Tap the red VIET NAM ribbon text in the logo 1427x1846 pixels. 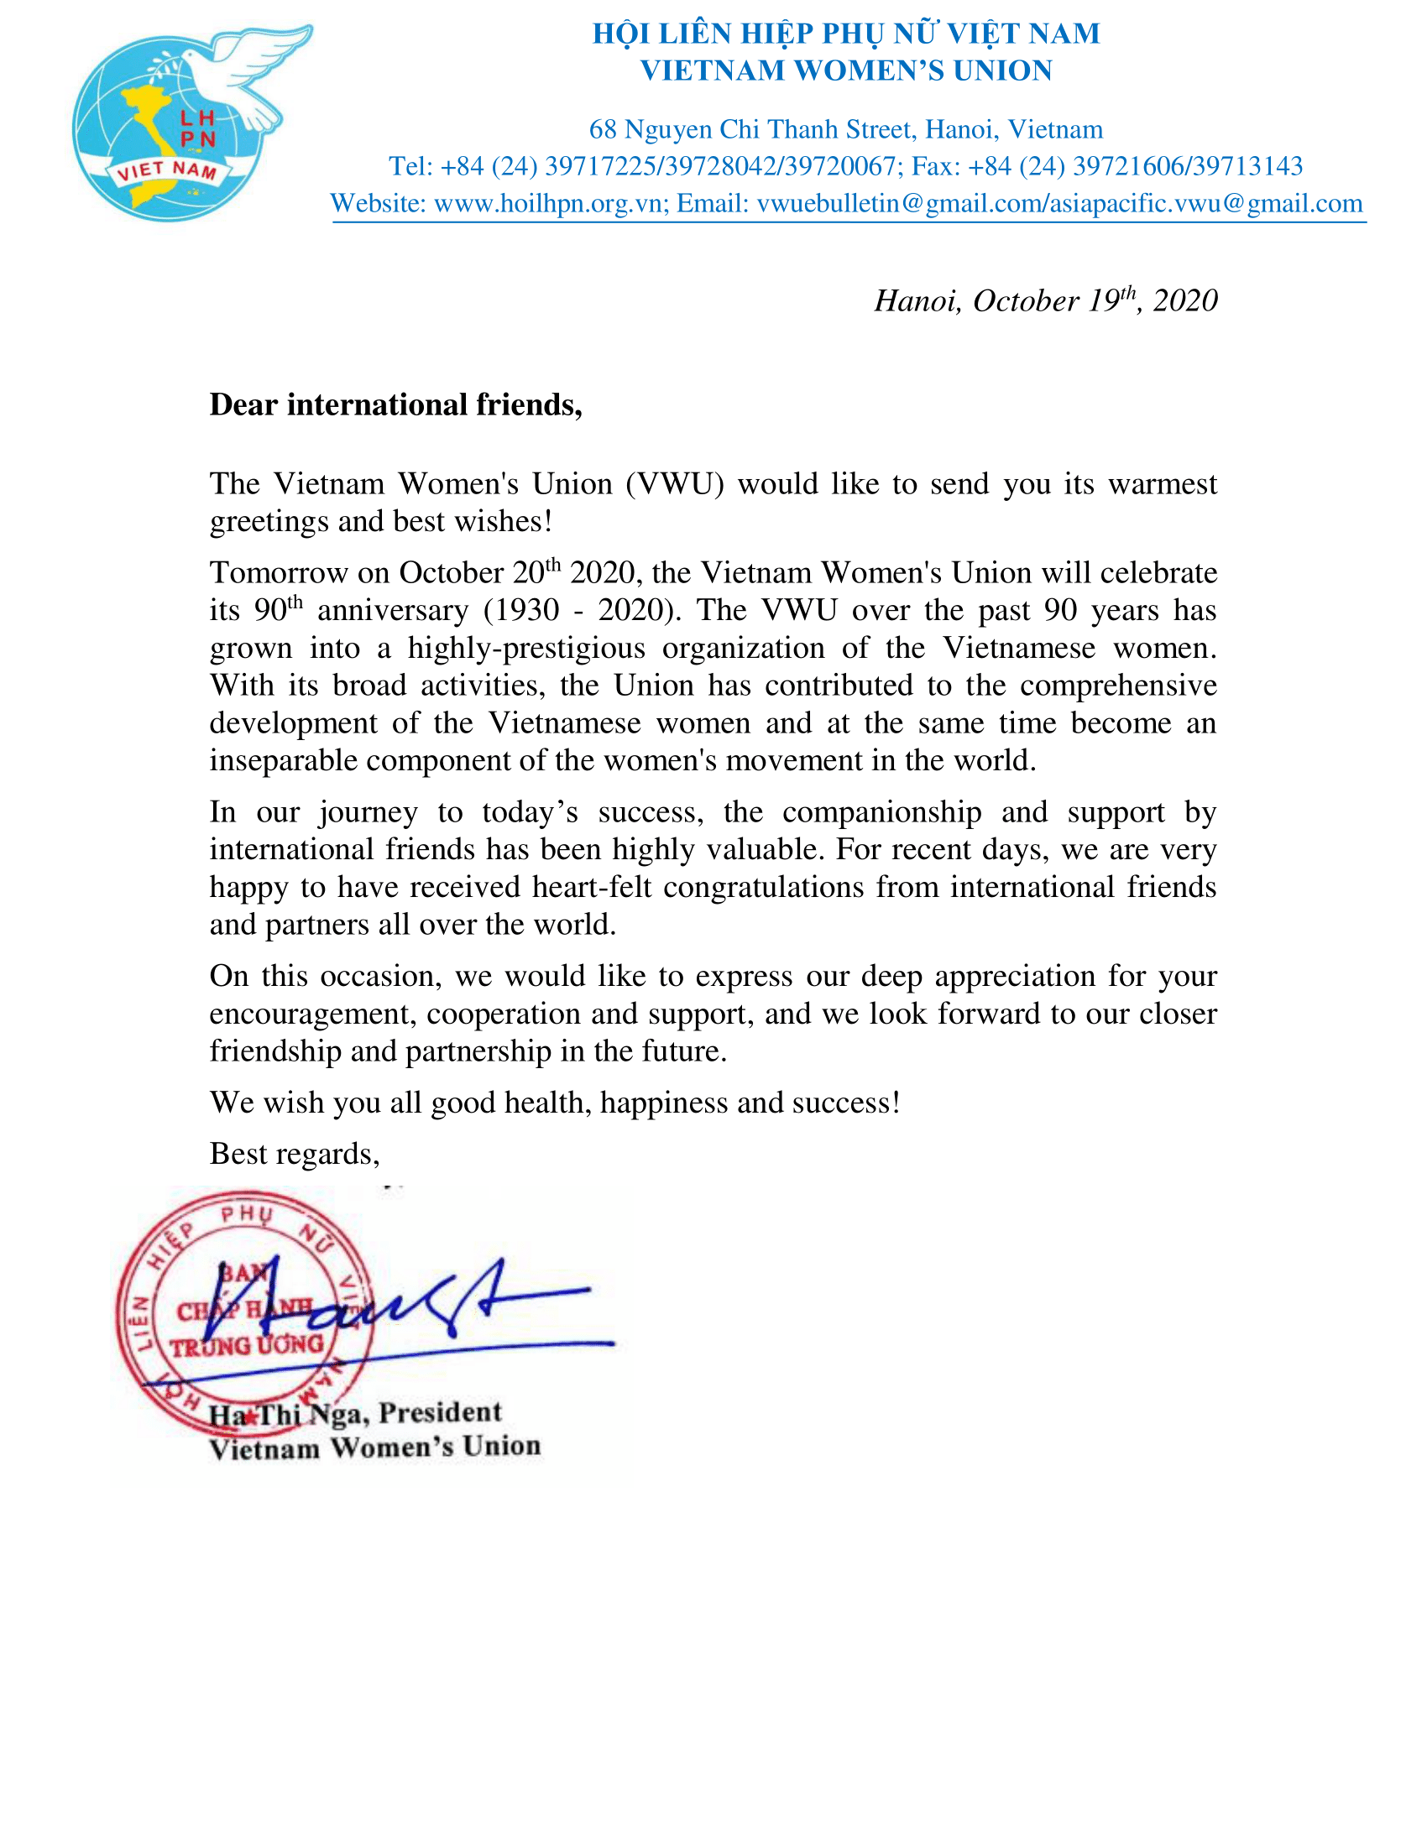pyautogui.click(x=167, y=170)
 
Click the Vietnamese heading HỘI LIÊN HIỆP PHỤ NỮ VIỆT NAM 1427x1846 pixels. pyautogui.click(x=845, y=34)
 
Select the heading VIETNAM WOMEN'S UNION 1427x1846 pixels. pyautogui.click(x=845, y=71)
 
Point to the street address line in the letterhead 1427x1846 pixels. pyautogui.click(x=845, y=129)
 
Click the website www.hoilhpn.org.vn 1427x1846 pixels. pyautogui.click(x=548, y=204)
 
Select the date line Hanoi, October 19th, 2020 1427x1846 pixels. pyautogui.click(x=1045, y=301)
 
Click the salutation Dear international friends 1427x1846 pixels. pyautogui.click(x=395, y=405)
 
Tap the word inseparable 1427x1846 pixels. pyautogui.click(x=283, y=761)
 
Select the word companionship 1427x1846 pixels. pyautogui.click(x=881, y=812)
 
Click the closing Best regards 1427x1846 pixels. pyautogui.click(x=294, y=1154)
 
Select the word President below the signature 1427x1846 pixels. pyautogui.click(x=440, y=1412)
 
